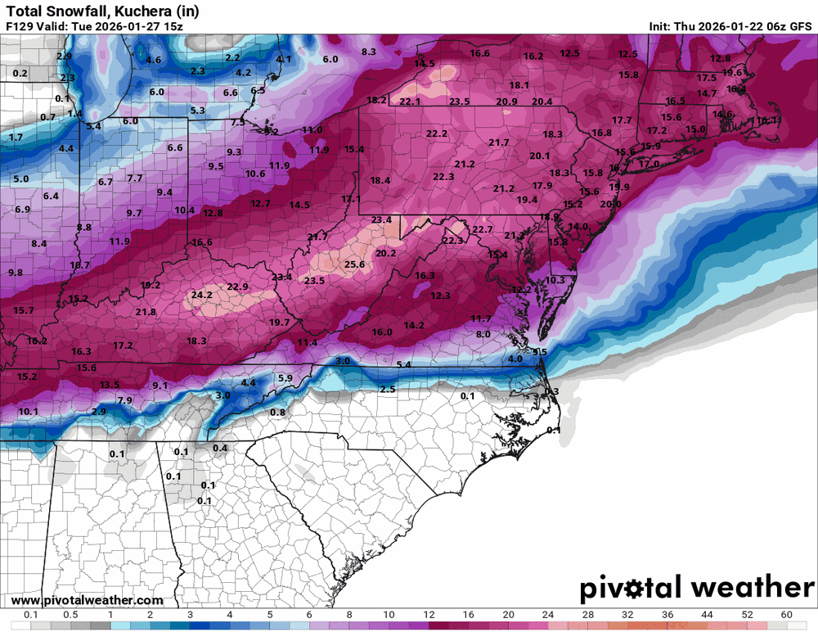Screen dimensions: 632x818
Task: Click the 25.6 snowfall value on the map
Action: [x=354, y=264]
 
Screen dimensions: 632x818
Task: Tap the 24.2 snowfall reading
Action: [x=201, y=295]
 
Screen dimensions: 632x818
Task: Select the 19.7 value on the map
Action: [x=280, y=323]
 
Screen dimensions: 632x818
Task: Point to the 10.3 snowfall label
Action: [x=555, y=280]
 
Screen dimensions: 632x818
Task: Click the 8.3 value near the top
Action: [x=368, y=52]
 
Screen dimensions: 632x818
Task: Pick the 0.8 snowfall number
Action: [x=277, y=413]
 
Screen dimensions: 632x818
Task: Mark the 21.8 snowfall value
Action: [x=146, y=312]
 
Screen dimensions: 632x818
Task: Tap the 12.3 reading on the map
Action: [x=441, y=296]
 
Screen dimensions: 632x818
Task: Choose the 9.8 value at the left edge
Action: [x=15, y=273]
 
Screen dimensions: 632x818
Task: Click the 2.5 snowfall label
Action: [x=388, y=390]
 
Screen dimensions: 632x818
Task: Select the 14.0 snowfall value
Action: [x=578, y=227]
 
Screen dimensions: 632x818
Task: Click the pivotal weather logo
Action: [x=697, y=588]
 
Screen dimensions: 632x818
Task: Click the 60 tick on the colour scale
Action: [x=787, y=614]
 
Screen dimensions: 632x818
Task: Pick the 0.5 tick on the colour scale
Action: [x=70, y=614]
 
